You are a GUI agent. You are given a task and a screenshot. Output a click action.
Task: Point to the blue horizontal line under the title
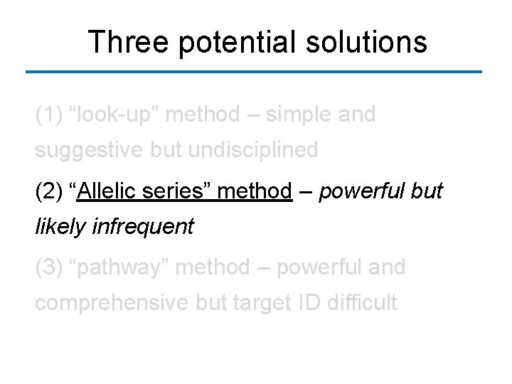[254, 72]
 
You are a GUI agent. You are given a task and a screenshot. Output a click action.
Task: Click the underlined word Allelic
[105, 191]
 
